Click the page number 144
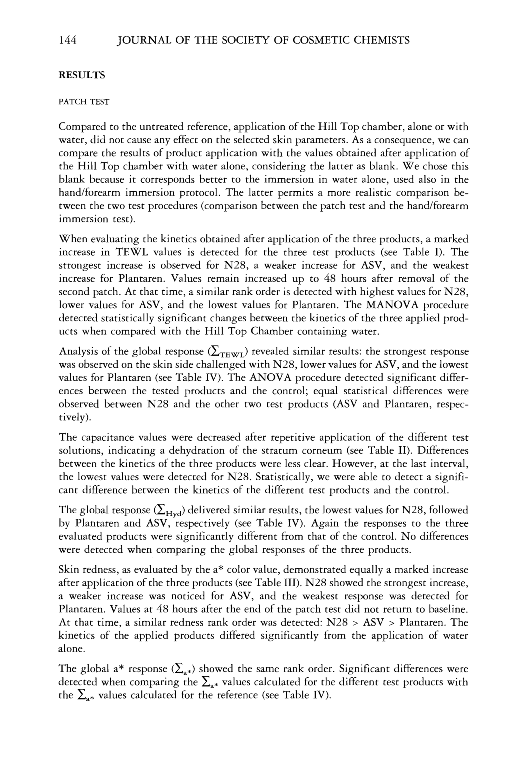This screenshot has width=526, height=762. click(x=68, y=40)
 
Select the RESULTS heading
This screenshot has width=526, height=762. click(x=82, y=76)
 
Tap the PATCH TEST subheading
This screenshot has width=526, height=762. click(x=84, y=102)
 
